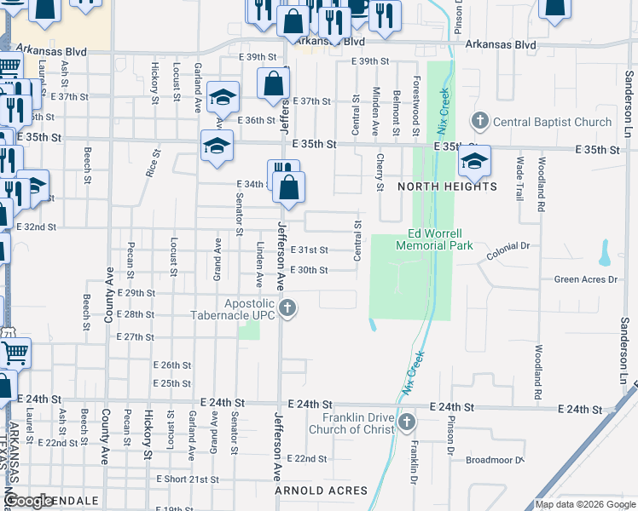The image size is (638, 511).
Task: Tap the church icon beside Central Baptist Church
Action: [479, 121]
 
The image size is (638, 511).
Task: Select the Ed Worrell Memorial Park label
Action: [434, 239]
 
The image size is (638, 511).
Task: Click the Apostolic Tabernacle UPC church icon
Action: [288, 307]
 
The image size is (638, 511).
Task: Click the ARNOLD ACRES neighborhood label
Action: [321, 491]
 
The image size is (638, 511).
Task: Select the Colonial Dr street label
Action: [508, 246]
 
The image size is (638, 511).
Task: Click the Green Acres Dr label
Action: [585, 279]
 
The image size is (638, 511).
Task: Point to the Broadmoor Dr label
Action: [495, 460]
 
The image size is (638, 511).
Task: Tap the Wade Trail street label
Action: [519, 176]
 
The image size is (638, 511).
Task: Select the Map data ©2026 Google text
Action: [584, 504]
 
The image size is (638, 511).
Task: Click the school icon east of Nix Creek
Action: [473, 161]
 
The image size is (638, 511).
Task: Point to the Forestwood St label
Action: [416, 104]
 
